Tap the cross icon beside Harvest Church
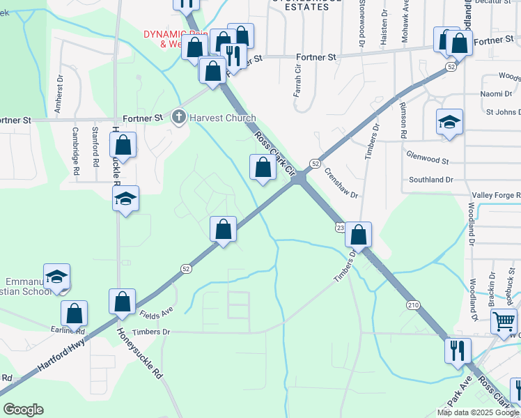point(179,118)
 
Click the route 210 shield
point(413,304)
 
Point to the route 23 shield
point(340,228)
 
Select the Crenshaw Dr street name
point(341,185)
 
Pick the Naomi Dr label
point(496,94)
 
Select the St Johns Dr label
point(502,111)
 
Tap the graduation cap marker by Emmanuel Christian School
point(56,277)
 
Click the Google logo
point(23,410)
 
